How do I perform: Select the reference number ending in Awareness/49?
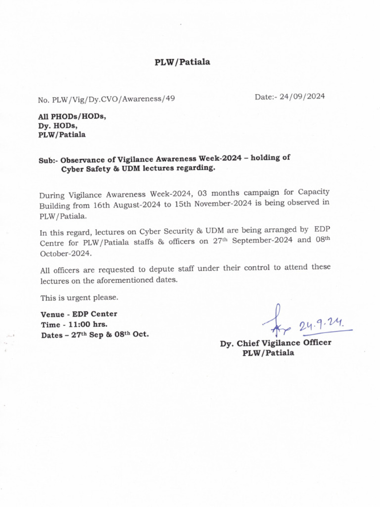[106, 99]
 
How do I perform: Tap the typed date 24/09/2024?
[302, 97]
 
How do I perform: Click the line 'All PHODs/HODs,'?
[72, 117]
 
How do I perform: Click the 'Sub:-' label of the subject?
[48, 160]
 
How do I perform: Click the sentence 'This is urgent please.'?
[79, 298]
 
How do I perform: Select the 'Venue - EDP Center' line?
[79, 314]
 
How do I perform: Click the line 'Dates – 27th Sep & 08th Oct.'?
[94, 335]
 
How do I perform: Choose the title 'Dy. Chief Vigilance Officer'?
[276, 343]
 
